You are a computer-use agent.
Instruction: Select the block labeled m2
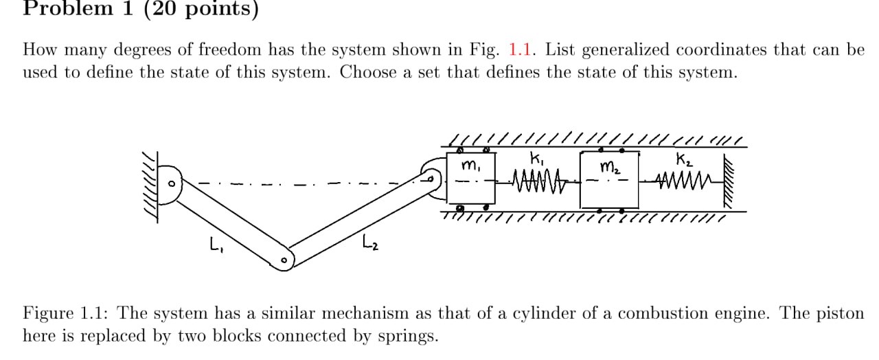tap(609, 181)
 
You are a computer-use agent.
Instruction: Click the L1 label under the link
tap(214, 243)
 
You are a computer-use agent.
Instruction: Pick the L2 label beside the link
tap(371, 241)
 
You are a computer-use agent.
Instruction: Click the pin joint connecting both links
tap(284, 260)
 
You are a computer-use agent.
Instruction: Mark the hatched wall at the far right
tap(729, 180)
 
